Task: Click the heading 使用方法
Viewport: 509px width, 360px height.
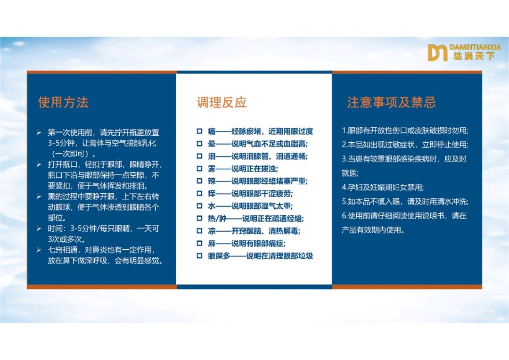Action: click(63, 102)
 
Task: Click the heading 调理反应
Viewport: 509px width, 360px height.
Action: click(222, 102)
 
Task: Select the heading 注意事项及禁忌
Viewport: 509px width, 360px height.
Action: click(391, 102)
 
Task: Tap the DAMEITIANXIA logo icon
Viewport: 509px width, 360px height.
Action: click(437, 52)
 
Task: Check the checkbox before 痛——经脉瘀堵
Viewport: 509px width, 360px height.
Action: click(199, 131)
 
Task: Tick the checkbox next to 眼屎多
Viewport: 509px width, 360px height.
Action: click(199, 256)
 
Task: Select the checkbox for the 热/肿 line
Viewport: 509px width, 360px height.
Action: click(199, 219)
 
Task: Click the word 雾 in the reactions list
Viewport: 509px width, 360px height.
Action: click(212, 169)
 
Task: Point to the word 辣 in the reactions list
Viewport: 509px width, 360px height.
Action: click(212, 181)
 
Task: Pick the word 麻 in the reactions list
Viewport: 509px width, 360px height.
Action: click(212, 244)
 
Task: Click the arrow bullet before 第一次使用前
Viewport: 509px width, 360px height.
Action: click(40, 132)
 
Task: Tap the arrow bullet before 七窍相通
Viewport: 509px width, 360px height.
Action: click(40, 250)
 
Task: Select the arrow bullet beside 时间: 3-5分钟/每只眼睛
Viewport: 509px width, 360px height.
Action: click(40, 229)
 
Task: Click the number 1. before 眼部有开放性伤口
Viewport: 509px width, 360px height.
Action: click(345, 131)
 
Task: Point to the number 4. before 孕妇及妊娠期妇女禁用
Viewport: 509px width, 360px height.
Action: click(345, 187)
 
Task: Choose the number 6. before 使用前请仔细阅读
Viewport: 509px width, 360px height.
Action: click(345, 216)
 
